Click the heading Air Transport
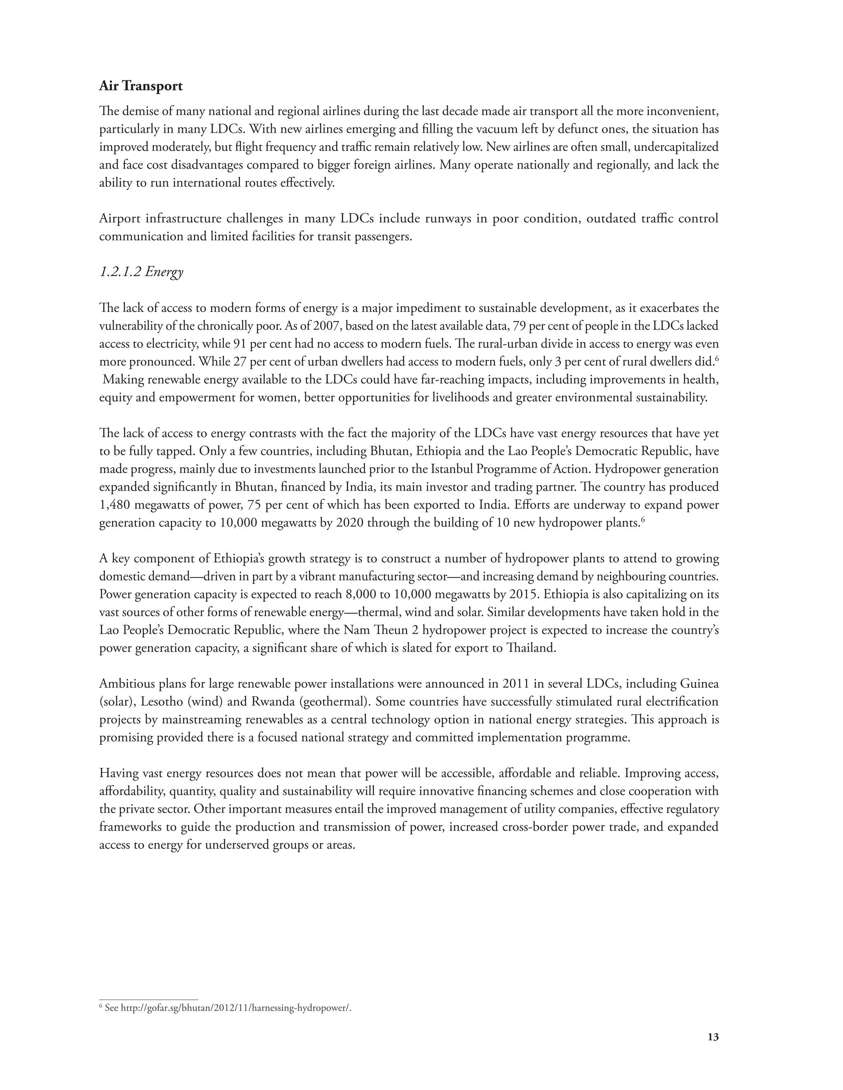tap(141, 86)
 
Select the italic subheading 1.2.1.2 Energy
tap(141, 272)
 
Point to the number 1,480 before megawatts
tap(114, 505)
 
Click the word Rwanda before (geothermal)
tap(269, 702)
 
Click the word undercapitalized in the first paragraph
tap(677, 147)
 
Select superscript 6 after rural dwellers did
tap(716, 358)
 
